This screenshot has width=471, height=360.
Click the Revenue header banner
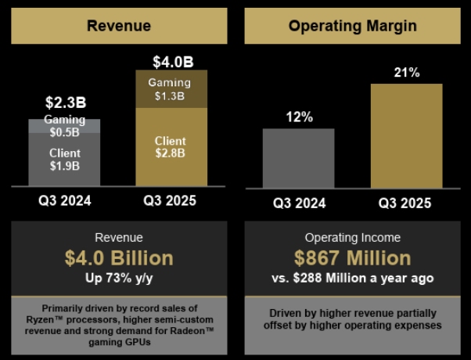click(119, 26)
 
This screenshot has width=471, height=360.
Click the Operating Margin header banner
click(352, 26)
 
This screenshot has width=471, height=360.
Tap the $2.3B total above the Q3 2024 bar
click(64, 103)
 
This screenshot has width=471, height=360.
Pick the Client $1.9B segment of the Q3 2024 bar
click(64, 160)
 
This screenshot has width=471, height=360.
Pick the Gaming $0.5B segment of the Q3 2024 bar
click(64, 125)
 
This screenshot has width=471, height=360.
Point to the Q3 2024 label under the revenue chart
click(64, 201)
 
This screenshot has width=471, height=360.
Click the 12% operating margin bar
click(299, 158)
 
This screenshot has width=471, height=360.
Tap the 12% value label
click(299, 117)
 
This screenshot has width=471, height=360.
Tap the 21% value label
click(407, 73)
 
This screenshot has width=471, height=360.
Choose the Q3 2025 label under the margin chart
click(407, 203)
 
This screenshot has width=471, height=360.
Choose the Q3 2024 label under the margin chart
click(299, 203)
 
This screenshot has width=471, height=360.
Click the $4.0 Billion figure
click(119, 257)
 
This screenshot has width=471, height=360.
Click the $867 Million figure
click(352, 257)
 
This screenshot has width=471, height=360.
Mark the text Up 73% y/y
click(119, 277)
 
